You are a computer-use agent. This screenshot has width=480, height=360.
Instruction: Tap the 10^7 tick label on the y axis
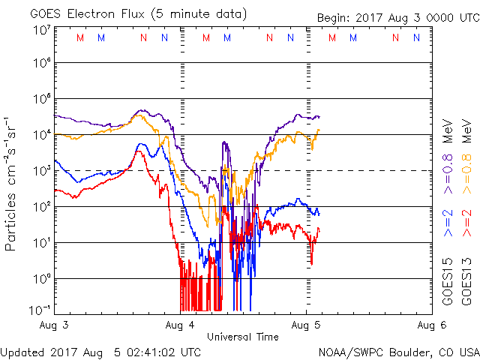(x=41, y=31)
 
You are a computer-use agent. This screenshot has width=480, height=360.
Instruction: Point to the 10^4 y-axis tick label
(x=41, y=135)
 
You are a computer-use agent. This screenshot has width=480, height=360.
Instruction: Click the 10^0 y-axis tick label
(x=41, y=278)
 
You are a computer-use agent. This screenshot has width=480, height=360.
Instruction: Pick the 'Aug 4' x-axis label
(x=179, y=325)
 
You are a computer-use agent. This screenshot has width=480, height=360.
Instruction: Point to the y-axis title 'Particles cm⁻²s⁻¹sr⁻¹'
(x=12, y=184)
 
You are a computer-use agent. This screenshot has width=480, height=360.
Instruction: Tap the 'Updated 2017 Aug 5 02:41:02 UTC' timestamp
(x=100, y=351)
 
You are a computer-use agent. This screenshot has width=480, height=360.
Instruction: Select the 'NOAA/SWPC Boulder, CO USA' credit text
(x=398, y=351)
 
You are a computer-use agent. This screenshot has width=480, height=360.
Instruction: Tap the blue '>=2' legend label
(x=448, y=224)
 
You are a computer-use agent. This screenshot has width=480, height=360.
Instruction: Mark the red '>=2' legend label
(x=467, y=224)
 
